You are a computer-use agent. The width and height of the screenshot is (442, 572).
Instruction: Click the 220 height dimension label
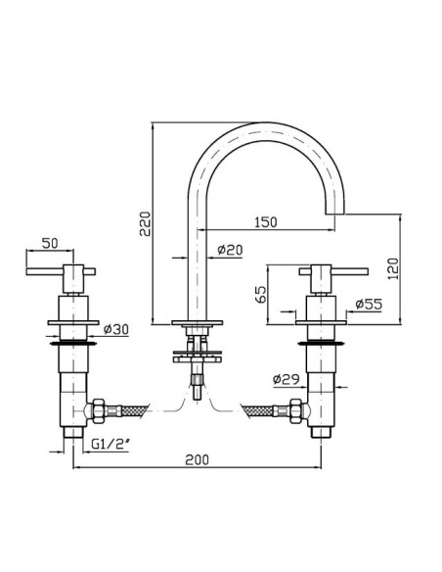coord(145,223)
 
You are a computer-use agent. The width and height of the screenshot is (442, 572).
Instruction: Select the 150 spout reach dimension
coord(266,221)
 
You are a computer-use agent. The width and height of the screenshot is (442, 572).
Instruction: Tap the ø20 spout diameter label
coord(230,250)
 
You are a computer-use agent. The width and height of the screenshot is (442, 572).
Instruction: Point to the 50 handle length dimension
coord(50,243)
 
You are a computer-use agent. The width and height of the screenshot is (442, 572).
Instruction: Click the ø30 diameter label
coord(116,329)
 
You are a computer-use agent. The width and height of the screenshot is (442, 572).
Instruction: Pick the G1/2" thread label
coord(110,444)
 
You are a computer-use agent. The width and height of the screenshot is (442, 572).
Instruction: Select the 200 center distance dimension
coord(198,459)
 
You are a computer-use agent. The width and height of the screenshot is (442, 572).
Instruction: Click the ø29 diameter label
coord(286,379)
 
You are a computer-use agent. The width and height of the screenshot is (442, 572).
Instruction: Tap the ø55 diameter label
coord(369,304)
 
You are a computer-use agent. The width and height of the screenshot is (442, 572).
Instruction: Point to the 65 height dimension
coord(261,295)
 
